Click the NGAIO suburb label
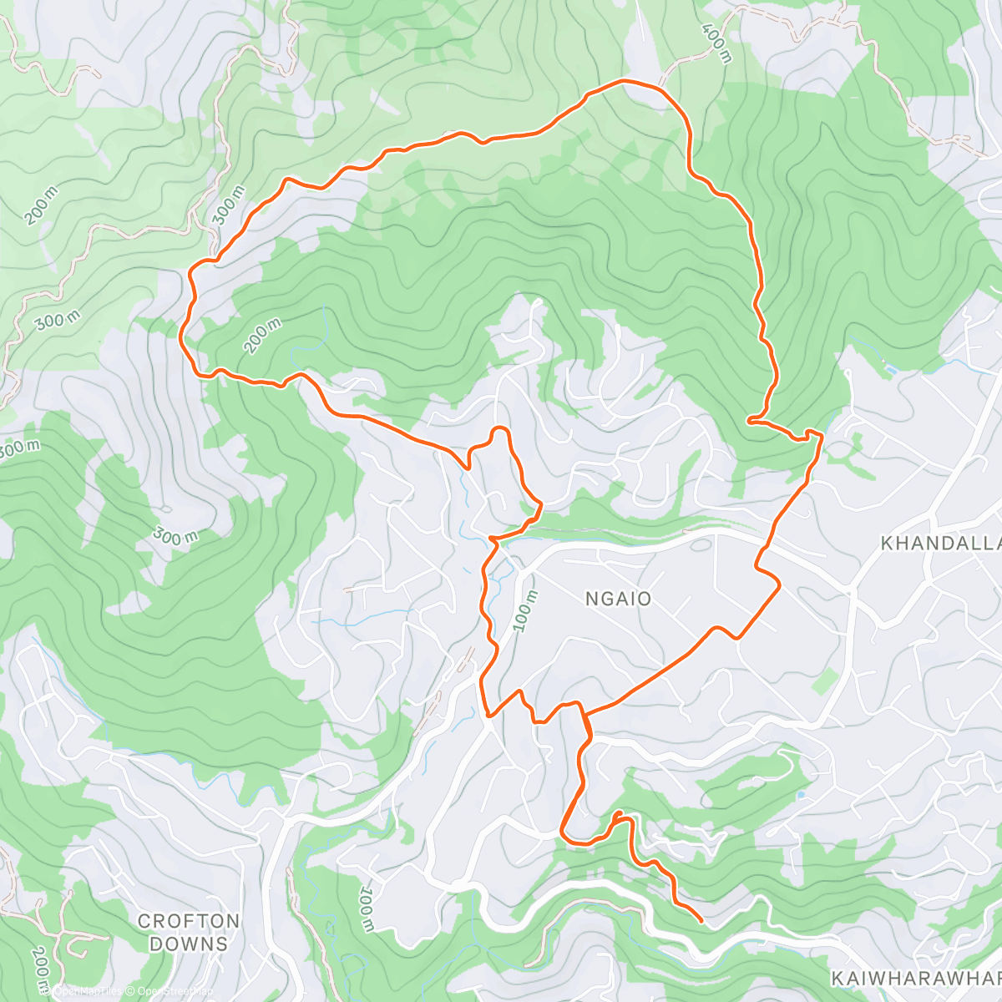(618, 599)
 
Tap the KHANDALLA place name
(940, 544)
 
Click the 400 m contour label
(717, 43)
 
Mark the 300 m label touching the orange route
(227, 205)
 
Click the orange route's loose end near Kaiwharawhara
(700, 921)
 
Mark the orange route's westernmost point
(181, 336)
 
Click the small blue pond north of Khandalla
(891, 368)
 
